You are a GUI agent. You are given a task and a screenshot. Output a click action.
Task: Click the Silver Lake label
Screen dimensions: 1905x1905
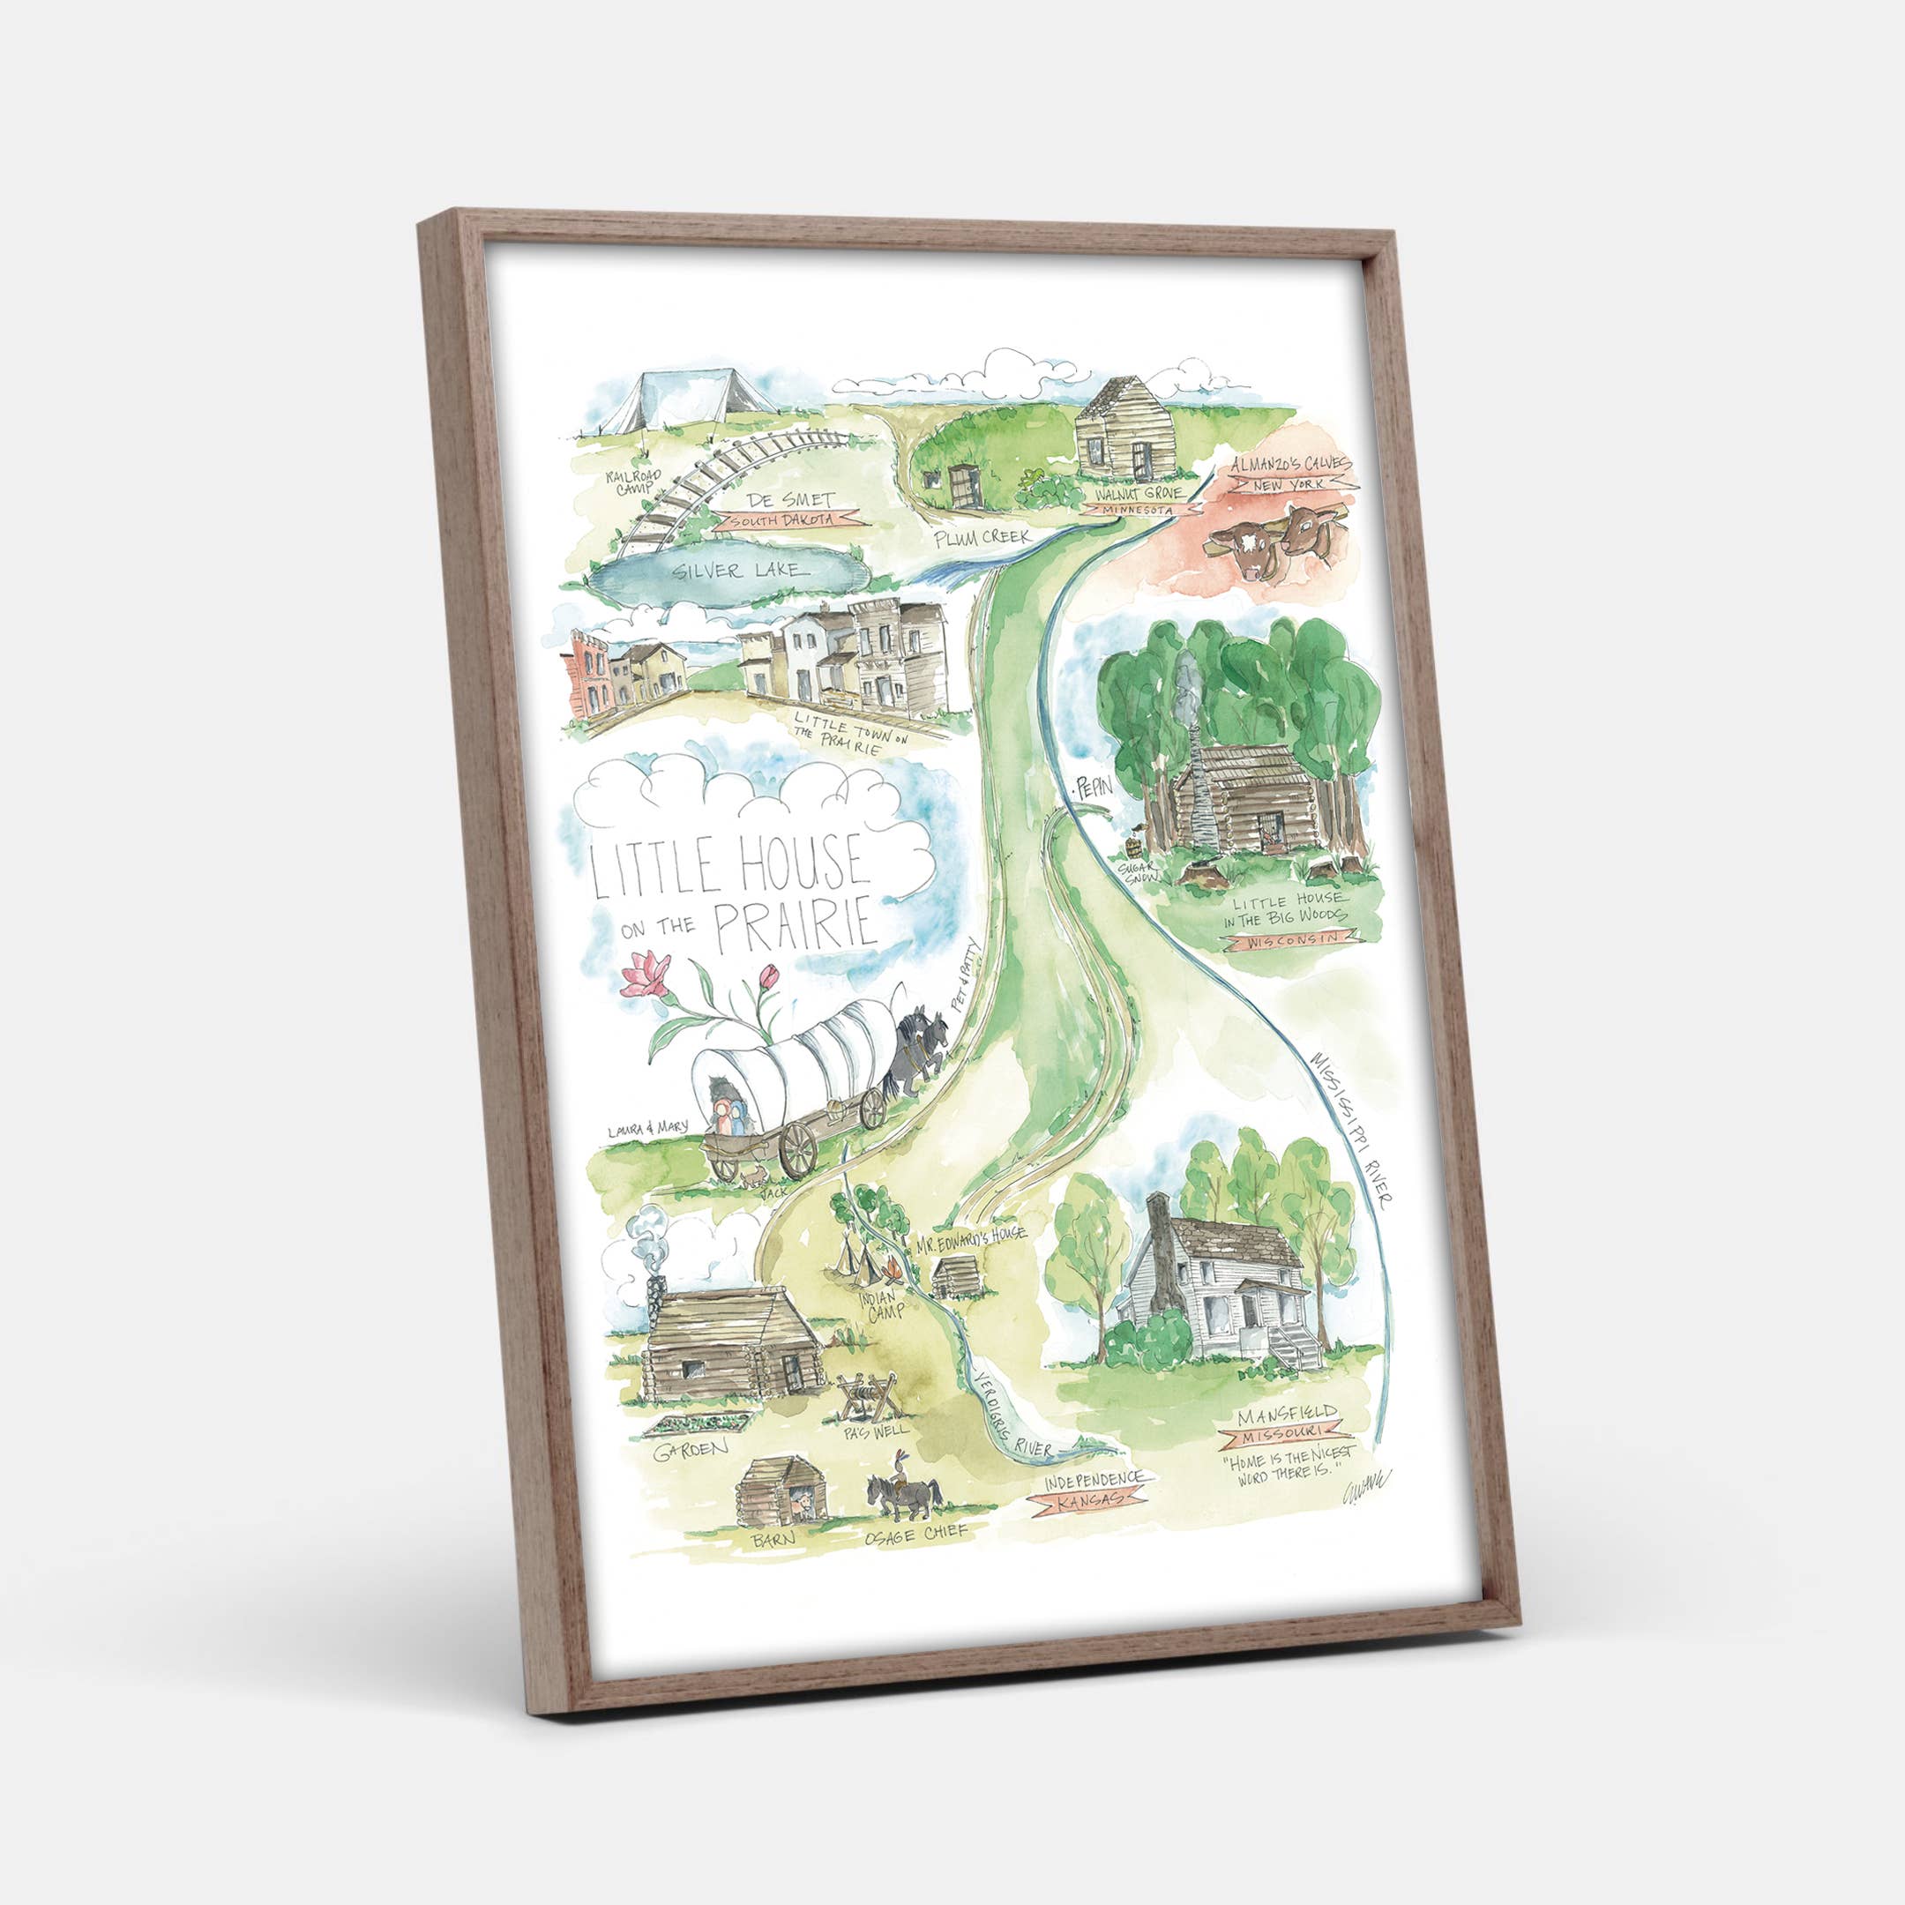point(737,570)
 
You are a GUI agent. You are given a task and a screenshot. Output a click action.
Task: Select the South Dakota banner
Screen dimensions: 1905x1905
point(788,519)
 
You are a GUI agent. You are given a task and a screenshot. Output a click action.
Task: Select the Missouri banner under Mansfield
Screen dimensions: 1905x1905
point(1289,1431)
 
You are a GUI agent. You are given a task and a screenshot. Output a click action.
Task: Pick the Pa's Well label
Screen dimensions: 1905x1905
point(876,1429)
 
